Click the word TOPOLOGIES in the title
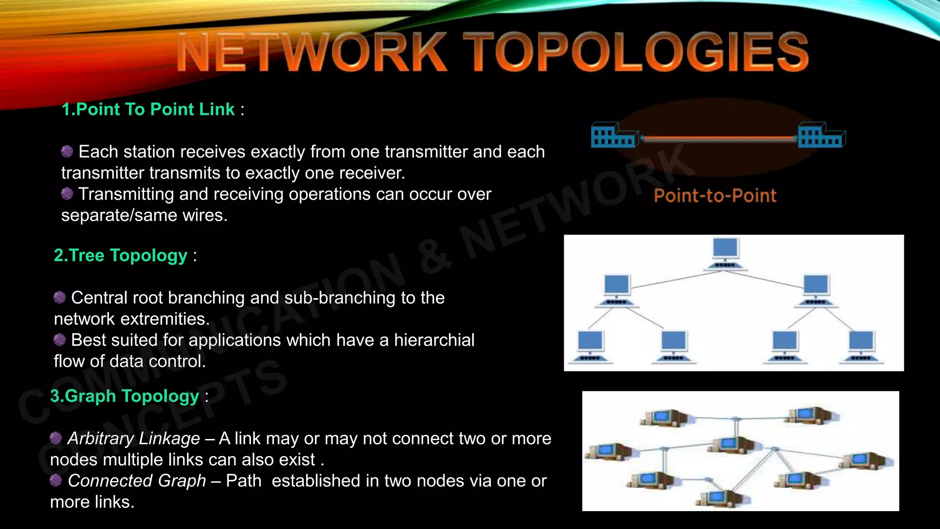pyautogui.click(x=635, y=52)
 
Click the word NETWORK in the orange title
pyautogui.click(x=312, y=53)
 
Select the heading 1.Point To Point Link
pyautogui.click(x=148, y=109)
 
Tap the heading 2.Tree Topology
pyautogui.click(x=121, y=255)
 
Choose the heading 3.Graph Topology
pyautogui.click(x=125, y=396)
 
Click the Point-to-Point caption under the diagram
pyautogui.click(x=715, y=196)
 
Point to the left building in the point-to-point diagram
pyautogui.click(x=614, y=135)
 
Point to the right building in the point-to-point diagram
pyautogui.click(x=822, y=135)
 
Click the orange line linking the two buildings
pyautogui.click(x=718, y=138)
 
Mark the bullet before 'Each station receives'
pyautogui.click(x=67, y=151)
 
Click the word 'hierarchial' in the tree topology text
pyautogui.click(x=434, y=340)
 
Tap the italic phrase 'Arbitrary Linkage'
pyautogui.click(x=134, y=439)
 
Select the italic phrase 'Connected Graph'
pyautogui.click(x=137, y=481)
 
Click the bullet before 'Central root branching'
pyautogui.click(x=60, y=297)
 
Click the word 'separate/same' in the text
pyautogui.click(x=119, y=215)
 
